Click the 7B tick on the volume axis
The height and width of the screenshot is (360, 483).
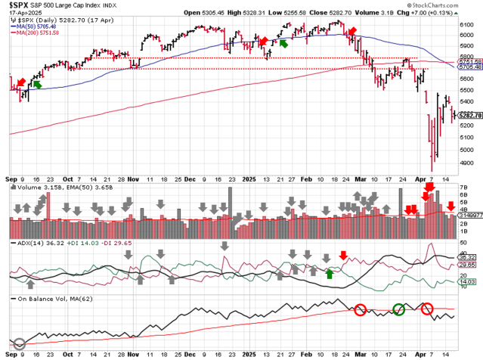click(x=464, y=186)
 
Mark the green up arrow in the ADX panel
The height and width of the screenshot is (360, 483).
click(x=330, y=272)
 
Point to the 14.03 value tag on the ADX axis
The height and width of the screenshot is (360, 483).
click(x=468, y=281)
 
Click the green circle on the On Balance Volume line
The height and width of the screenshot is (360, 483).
click(x=398, y=309)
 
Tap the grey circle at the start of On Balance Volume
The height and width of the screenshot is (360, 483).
click(x=20, y=344)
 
